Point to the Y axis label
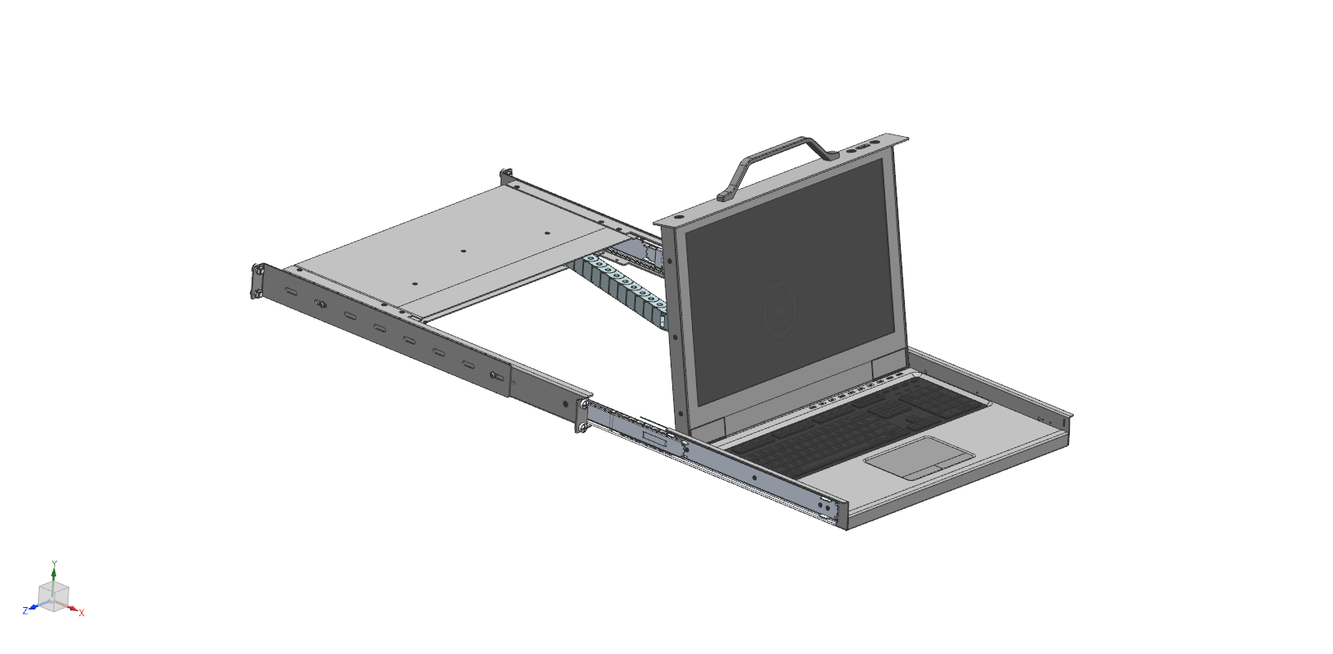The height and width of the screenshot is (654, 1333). coord(54,564)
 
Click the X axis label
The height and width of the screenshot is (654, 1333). coord(82,613)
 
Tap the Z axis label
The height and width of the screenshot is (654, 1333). coord(26,610)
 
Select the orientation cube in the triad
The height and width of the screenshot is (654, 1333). coord(53,594)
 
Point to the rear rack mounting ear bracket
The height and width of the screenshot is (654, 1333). coord(506,176)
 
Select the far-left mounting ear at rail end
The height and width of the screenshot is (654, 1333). coord(258,281)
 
